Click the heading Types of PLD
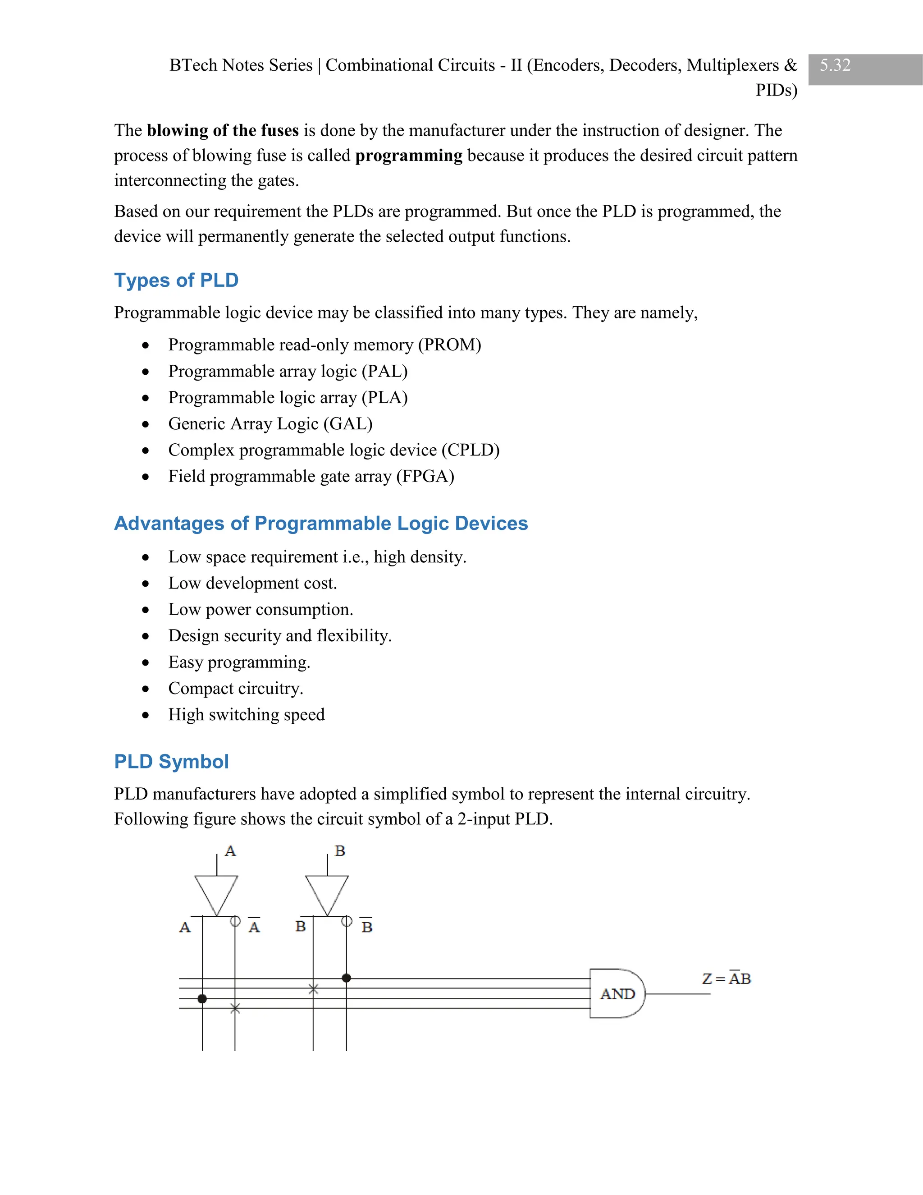(x=176, y=280)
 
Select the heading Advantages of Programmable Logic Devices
(x=321, y=523)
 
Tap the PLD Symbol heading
(x=171, y=762)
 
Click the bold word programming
(x=408, y=156)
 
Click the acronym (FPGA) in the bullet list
(x=425, y=476)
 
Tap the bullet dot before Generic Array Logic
(x=145, y=424)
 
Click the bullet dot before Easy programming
(x=145, y=662)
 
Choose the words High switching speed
(x=246, y=715)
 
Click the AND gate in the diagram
(x=617, y=993)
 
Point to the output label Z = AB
(x=726, y=979)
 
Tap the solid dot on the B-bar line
(x=346, y=978)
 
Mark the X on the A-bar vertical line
(x=235, y=1008)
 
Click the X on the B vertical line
(x=313, y=989)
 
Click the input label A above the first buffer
(x=230, y=851)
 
